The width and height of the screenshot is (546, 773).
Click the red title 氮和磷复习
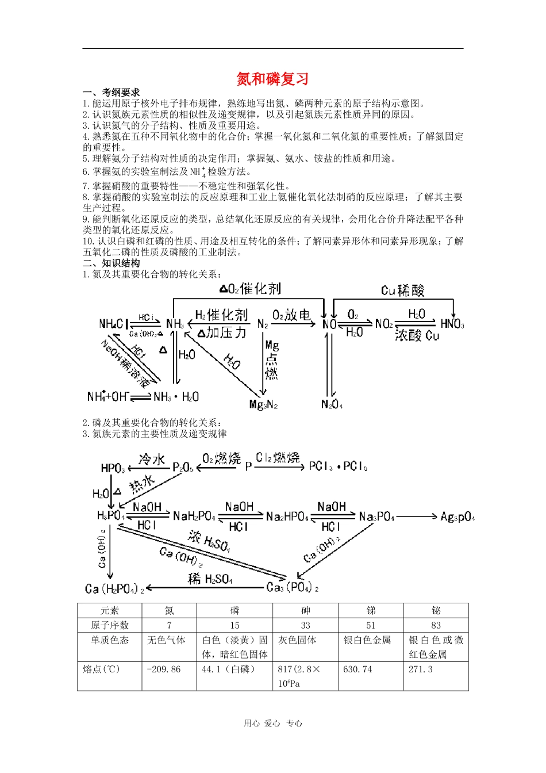pyautogui.click(x=273, y=79)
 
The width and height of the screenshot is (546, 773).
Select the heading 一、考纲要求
pyautogui.click(x=111, y=92)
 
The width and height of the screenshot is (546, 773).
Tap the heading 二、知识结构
pyautogui.click(x=111, y=263)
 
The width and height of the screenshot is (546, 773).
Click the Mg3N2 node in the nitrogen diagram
pyautogui.click(x=263, y=404)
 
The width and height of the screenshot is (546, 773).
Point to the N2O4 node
pyautogui.click(x=332, y=404)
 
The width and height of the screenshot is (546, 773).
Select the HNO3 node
pyautogui.click(x=452, y=324)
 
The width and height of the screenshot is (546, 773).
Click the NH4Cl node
pyautogui.click(x=113, y=324)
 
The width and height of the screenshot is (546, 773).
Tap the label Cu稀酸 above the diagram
pyautogui.click(x=402, y=290)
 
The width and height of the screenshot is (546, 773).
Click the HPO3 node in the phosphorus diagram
pyautogui.click(x=113, y=468)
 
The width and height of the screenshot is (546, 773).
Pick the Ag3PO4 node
pyautogui.click(x=457, y=516)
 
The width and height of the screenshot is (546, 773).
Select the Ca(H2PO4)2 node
pyautogui.click(x=114, y=588)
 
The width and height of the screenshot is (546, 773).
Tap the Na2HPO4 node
pyautogui.click(x=287, y=516)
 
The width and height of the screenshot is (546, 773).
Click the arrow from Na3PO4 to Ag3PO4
pyautogui.click(x=417, y=516)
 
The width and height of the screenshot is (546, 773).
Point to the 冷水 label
pyautogui.click(x=152, y=459)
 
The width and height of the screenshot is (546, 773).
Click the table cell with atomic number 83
pyautogui.click(x=436, y=625)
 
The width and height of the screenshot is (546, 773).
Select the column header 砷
pyautogui.click(x=305, y=610)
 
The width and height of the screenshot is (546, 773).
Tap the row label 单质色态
pyautogui.click(x=110, y=640)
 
